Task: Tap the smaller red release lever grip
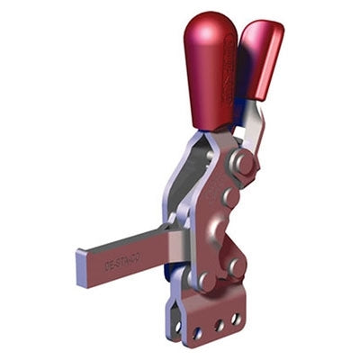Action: (x=262, y=59)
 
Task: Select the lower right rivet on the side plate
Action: (x=237, y=267)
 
